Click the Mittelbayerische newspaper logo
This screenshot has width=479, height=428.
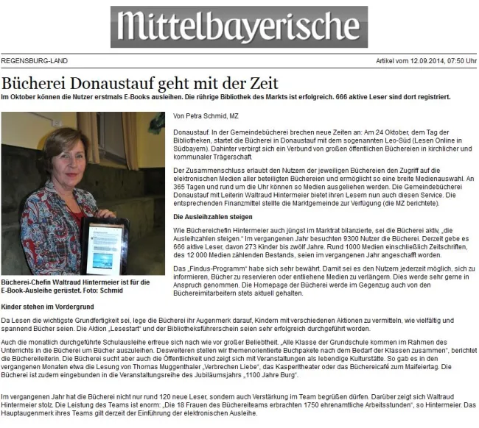click(239, 27)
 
